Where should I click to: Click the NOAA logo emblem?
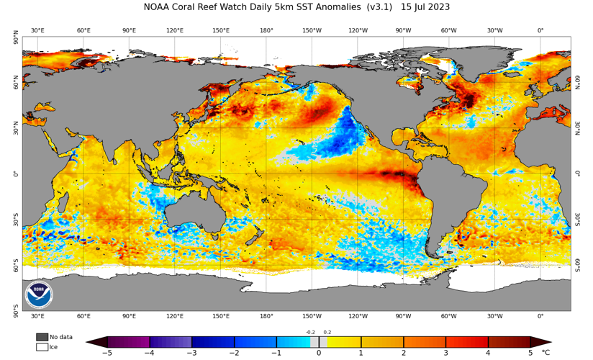point(38,294)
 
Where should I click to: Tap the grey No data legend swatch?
point(42,336)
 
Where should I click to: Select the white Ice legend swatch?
point(42,346)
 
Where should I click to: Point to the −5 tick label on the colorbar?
point(107,353)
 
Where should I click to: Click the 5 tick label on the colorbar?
point(530,353)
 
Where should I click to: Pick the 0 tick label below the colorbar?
point(319,353)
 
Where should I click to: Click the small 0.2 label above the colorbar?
point(327,332)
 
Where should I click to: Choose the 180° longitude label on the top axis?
point(266,30)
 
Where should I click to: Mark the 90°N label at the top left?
point(16,40)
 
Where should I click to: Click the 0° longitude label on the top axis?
point(540,30)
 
